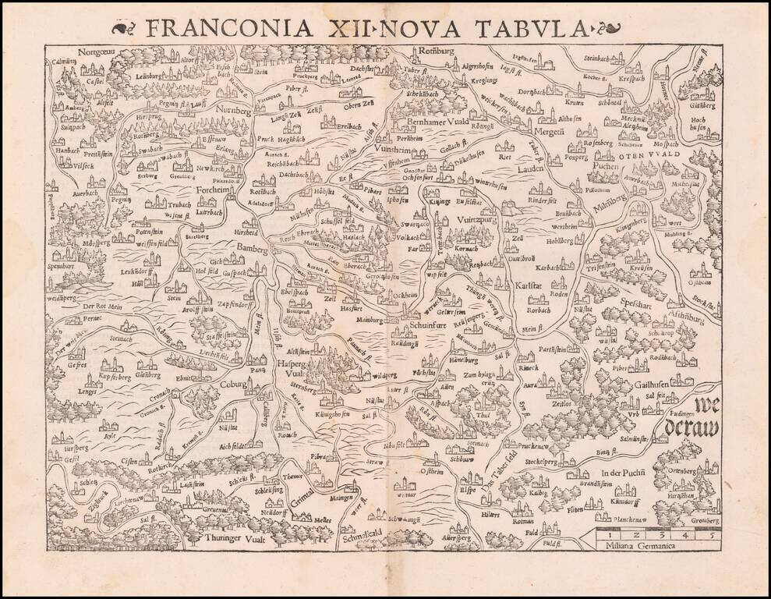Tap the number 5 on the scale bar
click(x=709, y=534)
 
